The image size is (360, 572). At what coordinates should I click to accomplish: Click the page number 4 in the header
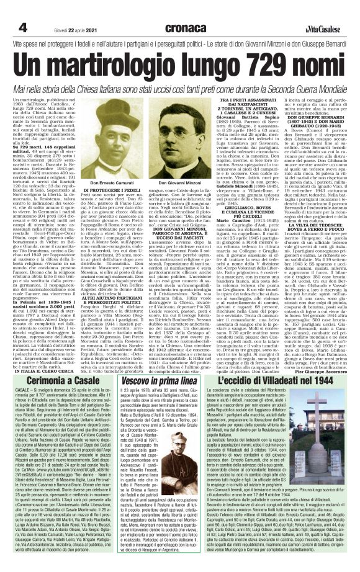pyautogui.click(x=23, y=27)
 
